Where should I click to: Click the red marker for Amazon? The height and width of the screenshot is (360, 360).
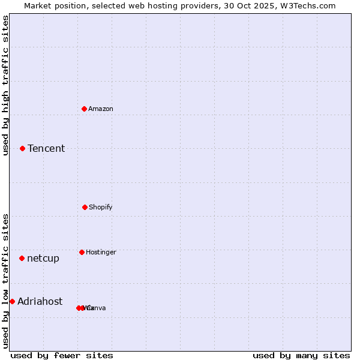point(85,109)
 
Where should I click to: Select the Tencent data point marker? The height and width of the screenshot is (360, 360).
point(23,148)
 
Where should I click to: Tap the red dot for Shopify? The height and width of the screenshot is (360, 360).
point(85,207)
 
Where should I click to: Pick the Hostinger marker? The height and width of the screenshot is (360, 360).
point(82,252)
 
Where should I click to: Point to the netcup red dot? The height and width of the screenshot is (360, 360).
point(22,258)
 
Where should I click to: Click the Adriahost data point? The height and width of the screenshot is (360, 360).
point(12,301)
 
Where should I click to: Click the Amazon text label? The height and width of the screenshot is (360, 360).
point(101,109)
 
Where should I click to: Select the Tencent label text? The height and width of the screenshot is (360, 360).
point(46,149)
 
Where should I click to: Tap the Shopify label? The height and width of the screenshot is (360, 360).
point(101,208)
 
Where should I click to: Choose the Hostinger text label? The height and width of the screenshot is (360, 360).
point(101,253)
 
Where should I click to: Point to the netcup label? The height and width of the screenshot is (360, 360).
point(43,259)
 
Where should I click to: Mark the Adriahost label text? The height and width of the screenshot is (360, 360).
point(40,302)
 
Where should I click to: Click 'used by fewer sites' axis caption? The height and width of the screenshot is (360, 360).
point(62,355)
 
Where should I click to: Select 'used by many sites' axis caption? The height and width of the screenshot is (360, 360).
point(301,355)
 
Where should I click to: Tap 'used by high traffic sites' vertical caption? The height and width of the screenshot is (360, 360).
point(5,85)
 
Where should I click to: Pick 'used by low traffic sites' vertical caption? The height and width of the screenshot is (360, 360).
point(5,281)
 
